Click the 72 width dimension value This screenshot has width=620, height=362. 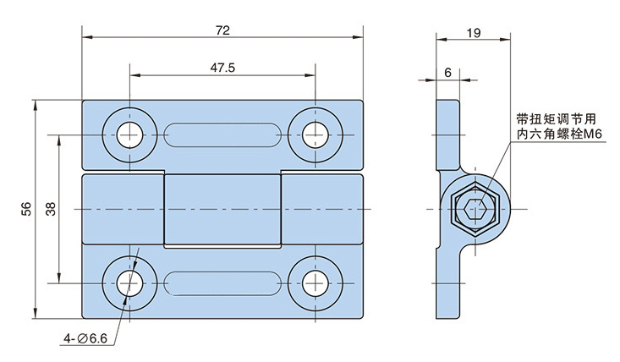(222, 30)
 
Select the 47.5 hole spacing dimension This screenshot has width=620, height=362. (222, 67)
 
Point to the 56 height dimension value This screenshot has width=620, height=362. (26, 210)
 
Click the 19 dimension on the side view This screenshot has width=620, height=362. (474, 34)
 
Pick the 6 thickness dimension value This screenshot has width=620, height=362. (447, 73)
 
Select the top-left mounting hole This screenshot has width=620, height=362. (130, 134)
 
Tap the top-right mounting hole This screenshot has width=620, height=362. (315, 134)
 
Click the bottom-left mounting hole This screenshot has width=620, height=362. (130, 282)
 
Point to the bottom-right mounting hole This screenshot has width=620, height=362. (315, 282)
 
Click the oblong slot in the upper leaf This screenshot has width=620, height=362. (222, 134)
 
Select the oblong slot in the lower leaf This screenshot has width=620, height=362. (222, 282)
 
